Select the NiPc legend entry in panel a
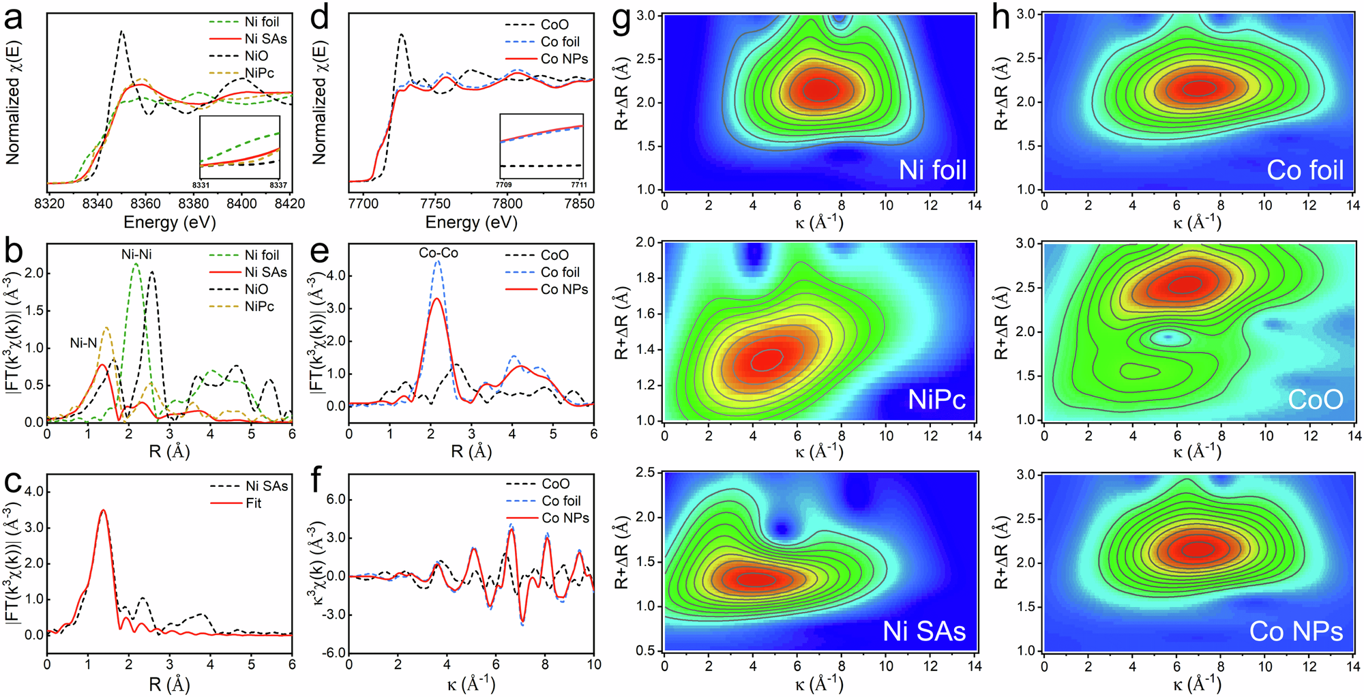[259, 73]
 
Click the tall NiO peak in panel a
[122, 32]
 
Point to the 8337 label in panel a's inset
[278, 186]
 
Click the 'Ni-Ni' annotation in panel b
[136, 254]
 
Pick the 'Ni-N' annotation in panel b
[83, 343]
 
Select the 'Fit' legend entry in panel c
[253, 503]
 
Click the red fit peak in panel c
[103, 510]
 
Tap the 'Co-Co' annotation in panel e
[439, 253]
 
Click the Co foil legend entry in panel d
[560, 42]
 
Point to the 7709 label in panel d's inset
[503, 185]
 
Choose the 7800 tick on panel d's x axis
[507, 203]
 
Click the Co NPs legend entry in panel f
[565, 518]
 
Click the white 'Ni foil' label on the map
[932, 170]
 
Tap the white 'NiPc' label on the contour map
[936, 400]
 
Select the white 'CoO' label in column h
[1315, 400]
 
